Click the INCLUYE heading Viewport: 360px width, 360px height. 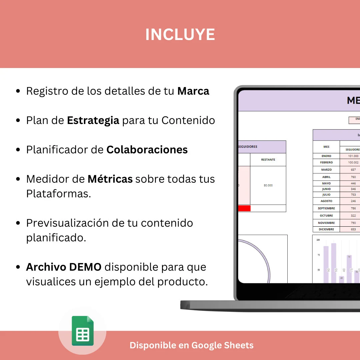pyautogui.click(x=180, y=35)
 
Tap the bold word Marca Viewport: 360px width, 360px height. pyautogui.click(x=193, y=91)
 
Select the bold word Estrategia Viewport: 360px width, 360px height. pyautogui.click(x=93, y=120)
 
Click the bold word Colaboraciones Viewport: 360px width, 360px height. pyautogui.click(x=147, y=150)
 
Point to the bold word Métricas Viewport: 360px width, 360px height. pyautogui.click(x=110, y=179)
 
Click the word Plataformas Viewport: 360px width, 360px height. pyautogui.click(x=58, y=194)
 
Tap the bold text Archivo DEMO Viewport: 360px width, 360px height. pyautogui.click(x=64, y=267)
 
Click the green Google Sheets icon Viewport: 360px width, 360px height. pyautogui.click(x=83, y=331)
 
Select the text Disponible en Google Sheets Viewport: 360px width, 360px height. pyautogui.click(x=191, y=345)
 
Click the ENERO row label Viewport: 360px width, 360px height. pyautogui.click(x=326, y=156)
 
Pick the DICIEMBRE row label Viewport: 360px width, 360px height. pyautogui.click(x=326, y=229)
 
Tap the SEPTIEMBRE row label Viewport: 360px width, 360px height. pyautogui.click(x=326, y=208)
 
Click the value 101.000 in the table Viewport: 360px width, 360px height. pyautogui.click(x=353, y=156)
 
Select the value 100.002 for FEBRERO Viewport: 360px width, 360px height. pyautogui.click(x=353, y=162)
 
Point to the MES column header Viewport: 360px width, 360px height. pyautogui.click(x=326, y=147)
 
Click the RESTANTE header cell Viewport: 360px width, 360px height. pyautogui.click(x=268, y=160)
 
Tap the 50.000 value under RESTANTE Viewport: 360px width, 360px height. pyautogui.click(x=268, y=185)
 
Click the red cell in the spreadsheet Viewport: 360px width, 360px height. pyautogui.click(x=244, y=208)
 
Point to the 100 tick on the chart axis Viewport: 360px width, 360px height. pyautogui.click(x=318, y=240)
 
